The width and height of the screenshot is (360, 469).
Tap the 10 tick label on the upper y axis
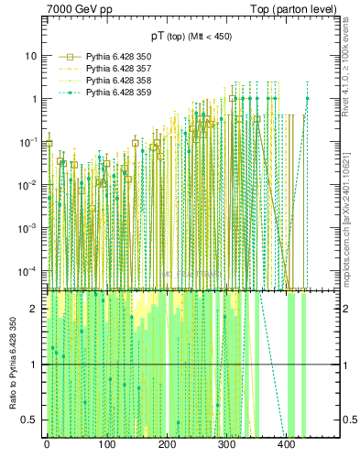(29, 56)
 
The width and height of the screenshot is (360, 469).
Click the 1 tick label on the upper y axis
(33, 99)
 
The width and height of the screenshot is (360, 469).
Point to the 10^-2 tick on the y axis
(27, 184)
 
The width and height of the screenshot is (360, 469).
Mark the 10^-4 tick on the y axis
(27, 270)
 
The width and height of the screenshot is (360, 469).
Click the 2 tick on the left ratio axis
(34, 309)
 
